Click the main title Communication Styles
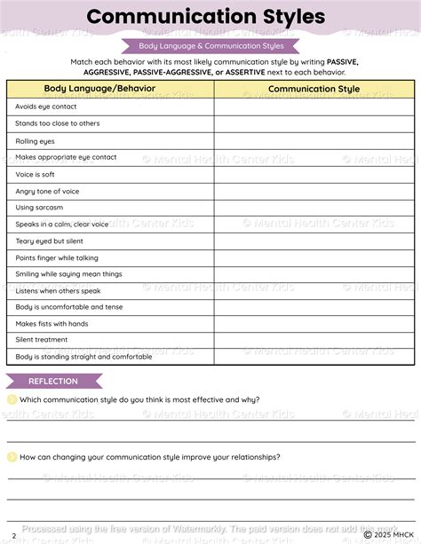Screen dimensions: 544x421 coord(205,17)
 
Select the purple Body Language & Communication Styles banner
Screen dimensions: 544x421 coord(210,45)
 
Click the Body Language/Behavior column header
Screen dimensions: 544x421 coord(99,89)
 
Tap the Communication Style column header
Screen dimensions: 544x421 coord(314,89)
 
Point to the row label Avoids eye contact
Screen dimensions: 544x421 coord(46,106)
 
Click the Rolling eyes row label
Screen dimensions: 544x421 coord(35,140)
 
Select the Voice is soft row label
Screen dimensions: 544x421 coord(35,174)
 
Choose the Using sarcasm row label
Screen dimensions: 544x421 coord(38,208)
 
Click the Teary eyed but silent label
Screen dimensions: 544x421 coord(49,240)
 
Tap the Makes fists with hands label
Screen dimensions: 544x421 coord(52,324)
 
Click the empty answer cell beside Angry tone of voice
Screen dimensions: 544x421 coord(314,191)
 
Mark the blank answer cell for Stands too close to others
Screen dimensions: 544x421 coord(314,123)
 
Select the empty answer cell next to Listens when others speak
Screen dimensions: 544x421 coord(314,291)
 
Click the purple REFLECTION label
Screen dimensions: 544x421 coord(53,382)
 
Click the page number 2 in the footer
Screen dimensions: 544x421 coord(13,535)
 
